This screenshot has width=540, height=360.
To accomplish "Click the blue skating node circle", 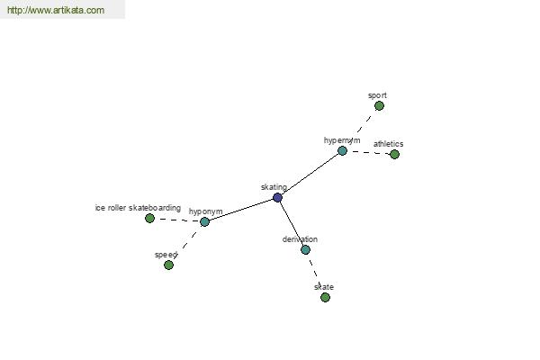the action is tap(277, 198).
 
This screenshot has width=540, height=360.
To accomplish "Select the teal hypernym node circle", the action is tap(342, 150).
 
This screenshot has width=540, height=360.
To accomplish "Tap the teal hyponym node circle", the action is tap(204, 221).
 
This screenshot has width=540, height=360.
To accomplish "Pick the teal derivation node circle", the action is tap(305, 250).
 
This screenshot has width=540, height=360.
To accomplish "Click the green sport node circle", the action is tap(379, 106).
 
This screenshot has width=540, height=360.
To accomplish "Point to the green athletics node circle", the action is tap(395, 154).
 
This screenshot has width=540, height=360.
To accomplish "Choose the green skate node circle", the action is tap(325, 297).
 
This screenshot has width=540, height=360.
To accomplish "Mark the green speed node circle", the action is tap(169, 265).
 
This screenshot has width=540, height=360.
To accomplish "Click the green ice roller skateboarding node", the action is tap(149, 218).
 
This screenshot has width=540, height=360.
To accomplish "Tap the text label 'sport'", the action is tap(377, 95).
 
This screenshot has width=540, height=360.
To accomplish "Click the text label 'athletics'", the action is tap(388, 144).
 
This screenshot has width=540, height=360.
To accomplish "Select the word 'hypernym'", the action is tap(342, 140).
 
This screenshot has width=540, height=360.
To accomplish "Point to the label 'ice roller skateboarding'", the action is tap(138, 208).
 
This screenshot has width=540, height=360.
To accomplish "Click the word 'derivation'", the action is tap(300, 239).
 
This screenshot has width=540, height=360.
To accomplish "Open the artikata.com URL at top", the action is tap(56, 10).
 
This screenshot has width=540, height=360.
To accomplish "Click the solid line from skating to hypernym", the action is tap(310, 175).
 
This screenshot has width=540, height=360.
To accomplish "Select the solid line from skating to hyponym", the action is tap(241, 210).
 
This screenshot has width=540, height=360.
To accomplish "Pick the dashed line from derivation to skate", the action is tap(315, 274).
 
